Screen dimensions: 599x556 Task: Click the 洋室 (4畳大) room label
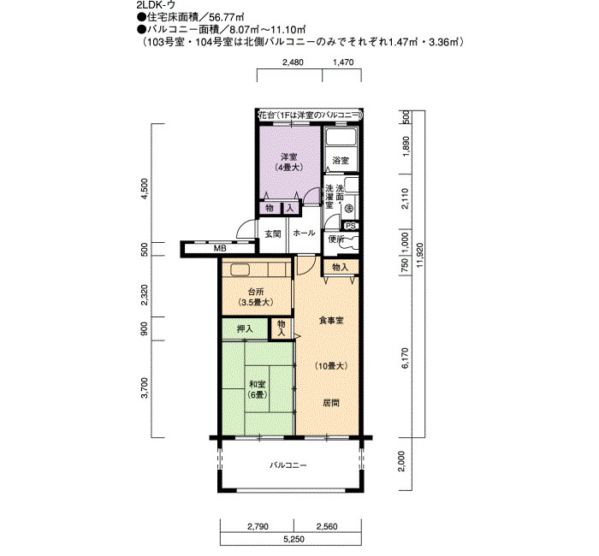(x=289, y=162)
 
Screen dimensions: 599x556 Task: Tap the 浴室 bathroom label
(x=341, y=161)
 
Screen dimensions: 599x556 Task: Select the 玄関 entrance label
(x=273, y=234)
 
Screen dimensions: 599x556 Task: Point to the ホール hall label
(x=304, y=233)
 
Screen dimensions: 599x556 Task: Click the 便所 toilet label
(x=336, y=239)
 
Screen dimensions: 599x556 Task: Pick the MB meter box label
(x=220, y=248)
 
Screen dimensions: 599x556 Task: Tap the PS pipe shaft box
(x=350, y=226)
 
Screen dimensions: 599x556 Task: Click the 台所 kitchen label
(x=256, y=297)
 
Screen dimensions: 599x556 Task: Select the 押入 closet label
(x=245, y=328)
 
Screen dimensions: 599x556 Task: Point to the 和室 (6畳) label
(x=258, y=389)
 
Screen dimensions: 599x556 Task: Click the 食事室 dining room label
(x=331, y=321)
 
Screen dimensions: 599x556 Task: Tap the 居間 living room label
(x=331, y=403)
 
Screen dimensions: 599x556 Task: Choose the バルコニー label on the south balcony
(x=288, y=465)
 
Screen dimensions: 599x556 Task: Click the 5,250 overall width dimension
(x=294, y=539)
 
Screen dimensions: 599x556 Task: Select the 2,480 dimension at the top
(x=293, y=62)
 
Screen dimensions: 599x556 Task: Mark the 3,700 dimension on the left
(x=144, y=388)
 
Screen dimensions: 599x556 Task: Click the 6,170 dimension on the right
(x=406, y=358)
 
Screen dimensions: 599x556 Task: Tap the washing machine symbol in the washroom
(x=348, y=209)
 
